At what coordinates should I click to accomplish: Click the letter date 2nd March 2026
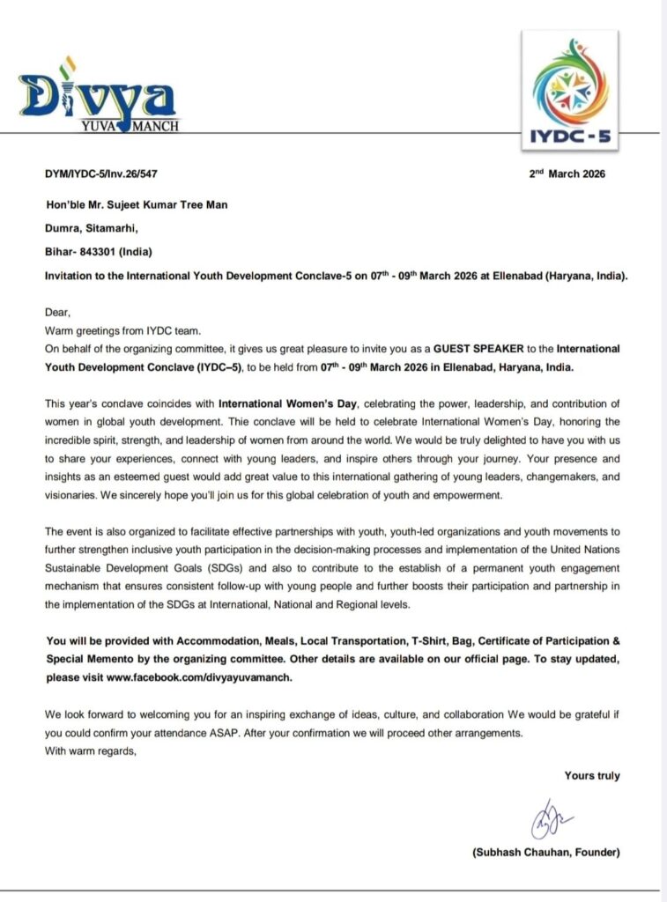pyautogui.click(x=567, y=174)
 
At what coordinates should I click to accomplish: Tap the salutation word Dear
pyautogui.click(x=57, y=311)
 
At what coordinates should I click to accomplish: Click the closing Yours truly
pyautogui.click(x=592, y=776)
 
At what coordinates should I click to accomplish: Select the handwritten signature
pyautogui.click(x=548, y=818)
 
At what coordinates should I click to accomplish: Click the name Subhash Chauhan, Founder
pyautogui.click(x=546, y=854)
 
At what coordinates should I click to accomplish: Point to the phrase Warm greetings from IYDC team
pyautogui.click(x=122, y=329)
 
